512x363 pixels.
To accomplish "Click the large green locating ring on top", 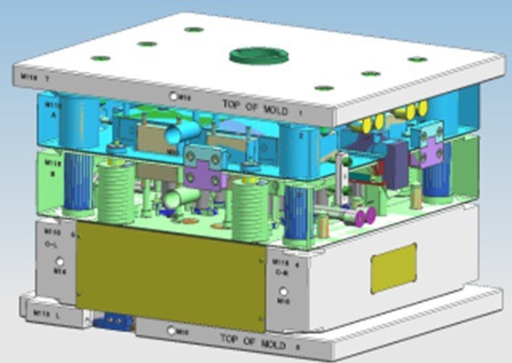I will pos(254,57).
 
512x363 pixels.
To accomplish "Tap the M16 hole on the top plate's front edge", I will pos(173,96).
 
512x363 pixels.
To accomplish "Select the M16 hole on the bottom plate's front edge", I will pos(172,332).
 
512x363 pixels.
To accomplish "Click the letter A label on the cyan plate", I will pos(52,116).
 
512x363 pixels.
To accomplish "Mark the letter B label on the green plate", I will pos(52,169).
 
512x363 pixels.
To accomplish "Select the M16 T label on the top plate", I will pos(34,79).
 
